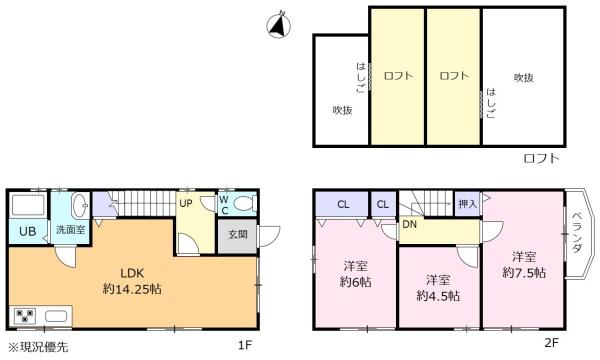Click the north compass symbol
(278, 26)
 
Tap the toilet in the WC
(244, 203)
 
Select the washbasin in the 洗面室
(80, 204)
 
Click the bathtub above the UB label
(28, 205)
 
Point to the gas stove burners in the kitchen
(24, 316)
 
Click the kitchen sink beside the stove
(56, 316)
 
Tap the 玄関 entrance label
(238, 234)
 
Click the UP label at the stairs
(186, 204)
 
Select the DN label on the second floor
(409, 225)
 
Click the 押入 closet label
(468, 204)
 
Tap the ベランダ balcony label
(576, 232)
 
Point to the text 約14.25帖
(132, 289)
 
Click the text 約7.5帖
(524, 273)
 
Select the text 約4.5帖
(438, 296)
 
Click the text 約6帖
(355, 282)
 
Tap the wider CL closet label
(343, 205)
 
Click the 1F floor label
(245, 345)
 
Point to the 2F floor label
(551, 342)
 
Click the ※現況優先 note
(38, 347)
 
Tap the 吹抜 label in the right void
(523, 78)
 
